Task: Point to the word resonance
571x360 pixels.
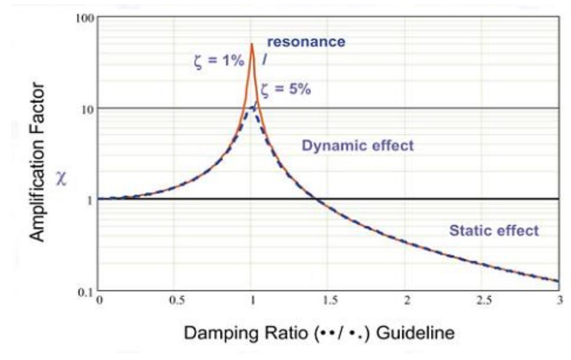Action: (306, 42)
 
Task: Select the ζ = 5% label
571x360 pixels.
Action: (285, 89)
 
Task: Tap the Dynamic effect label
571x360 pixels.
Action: (358, 146)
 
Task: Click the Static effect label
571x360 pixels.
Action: (494, 230)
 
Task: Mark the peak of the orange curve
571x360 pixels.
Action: (252, 44)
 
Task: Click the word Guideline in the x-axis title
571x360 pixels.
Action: (416, 333)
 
